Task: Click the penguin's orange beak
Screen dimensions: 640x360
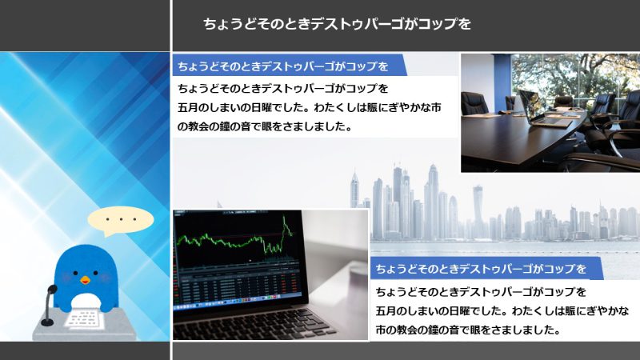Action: pos(85,280)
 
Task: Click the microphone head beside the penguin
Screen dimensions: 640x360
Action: pos(52,290)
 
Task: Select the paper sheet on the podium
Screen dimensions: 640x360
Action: pos(84,318)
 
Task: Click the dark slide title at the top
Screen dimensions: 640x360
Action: pos(337,24)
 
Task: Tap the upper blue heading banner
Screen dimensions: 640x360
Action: pos(290,66)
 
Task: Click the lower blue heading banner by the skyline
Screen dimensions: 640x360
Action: pos(486,269)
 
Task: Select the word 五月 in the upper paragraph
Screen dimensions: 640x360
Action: pos(187,108)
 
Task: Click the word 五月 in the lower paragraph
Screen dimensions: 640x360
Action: pos(386,311)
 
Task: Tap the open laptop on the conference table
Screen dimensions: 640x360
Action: pos(543,110)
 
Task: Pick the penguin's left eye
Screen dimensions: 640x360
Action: pos(75,273)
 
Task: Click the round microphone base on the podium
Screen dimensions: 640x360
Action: pos(47,322)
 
